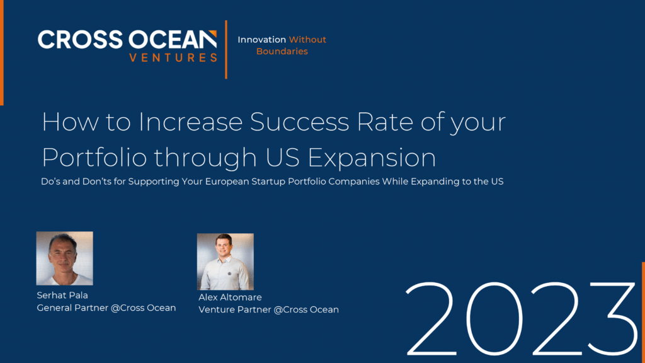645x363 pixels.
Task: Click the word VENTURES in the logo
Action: (x=173, y=57)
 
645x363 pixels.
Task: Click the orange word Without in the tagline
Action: (x=307, y=40)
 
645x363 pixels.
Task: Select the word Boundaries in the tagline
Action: (x=282, y=51)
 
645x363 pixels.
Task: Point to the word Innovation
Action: (x=261, y=40)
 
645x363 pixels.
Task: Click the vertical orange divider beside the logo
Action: (x=226, y=49)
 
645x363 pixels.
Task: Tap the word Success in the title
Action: (x=299, y=122)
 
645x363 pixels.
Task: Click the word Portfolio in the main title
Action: (x=94, y=157)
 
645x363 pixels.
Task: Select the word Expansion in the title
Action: (x=372, y=158)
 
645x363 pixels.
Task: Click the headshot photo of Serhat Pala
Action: (x=65, y=258)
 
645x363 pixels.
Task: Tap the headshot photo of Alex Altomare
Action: (x=225, y=262)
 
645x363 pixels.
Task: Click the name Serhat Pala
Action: (x=62, y=295)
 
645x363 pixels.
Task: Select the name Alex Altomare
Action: (x=230, y=297)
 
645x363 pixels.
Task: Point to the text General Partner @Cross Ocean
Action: (x=106, y=308)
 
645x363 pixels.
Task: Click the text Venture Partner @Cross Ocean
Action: (x=268, y=309)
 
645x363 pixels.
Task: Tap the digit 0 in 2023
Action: (x=494, y=318)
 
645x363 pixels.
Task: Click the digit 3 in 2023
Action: (x=612, y=318)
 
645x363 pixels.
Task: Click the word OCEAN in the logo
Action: (x=173, y=40)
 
